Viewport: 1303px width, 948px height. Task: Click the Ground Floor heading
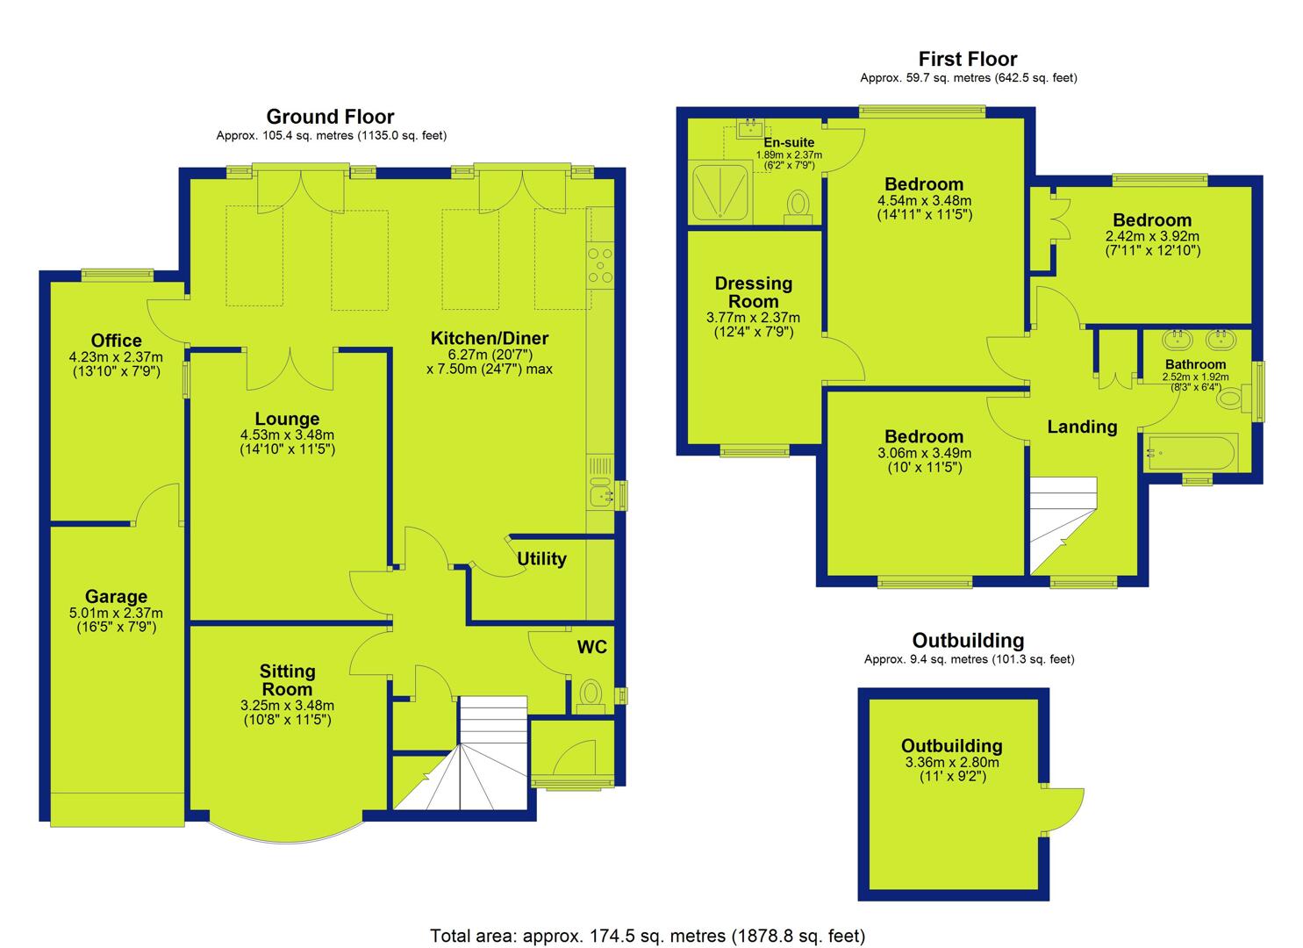click(330, 117)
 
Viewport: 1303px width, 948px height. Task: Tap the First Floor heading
click(967, 59)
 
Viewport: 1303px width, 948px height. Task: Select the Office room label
click(117, 341)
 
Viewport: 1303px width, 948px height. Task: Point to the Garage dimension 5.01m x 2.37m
click(116, 613)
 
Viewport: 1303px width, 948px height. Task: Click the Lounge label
click(287, 419)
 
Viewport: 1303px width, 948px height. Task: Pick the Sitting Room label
click(287, 679)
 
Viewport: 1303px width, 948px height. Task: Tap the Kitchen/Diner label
click(490, 338)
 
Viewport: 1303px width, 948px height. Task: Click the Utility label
click(541, 559)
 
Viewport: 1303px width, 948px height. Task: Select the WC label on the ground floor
click(592, 647)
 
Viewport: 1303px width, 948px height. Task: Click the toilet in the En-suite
click(798, 207)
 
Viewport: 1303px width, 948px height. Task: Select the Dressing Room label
click(754, 292)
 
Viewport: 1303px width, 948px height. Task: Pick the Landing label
click(1082, 427)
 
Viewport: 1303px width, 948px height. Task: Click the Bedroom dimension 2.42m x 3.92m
click(1152, 236)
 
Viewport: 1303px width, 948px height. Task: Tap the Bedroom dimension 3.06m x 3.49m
click(924, 453)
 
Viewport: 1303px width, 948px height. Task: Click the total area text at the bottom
click(648, 936)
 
